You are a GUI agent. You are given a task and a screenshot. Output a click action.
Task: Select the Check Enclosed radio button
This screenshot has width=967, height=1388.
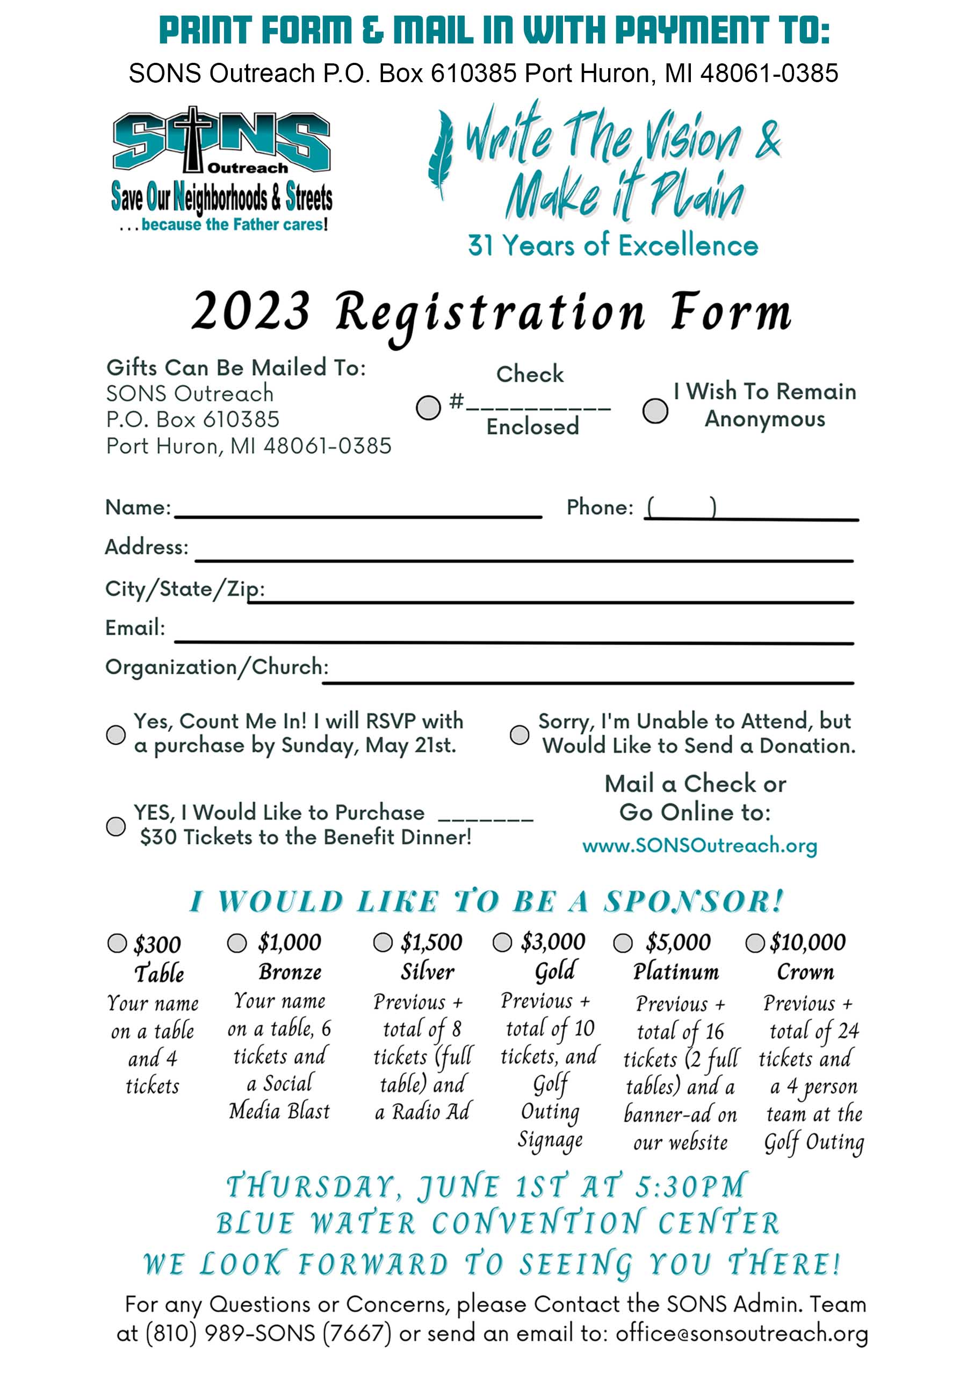tap(428, 407)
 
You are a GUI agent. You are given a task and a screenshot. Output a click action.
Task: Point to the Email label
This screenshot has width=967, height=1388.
tap(135, 628)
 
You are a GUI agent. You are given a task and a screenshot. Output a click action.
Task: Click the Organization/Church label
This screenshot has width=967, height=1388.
tap(217, 666)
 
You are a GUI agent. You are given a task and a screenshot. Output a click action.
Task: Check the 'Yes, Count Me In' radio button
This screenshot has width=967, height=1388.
tap(116, 735)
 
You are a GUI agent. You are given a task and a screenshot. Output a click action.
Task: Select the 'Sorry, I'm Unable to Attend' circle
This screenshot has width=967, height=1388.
tap(519, 735)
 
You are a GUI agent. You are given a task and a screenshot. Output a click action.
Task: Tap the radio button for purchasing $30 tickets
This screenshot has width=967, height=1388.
tap(116, 826)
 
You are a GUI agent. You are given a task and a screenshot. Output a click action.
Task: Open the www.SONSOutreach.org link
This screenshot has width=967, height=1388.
tap(699, 845)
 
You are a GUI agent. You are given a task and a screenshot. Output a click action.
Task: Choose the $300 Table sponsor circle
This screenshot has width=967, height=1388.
tap(117, 943)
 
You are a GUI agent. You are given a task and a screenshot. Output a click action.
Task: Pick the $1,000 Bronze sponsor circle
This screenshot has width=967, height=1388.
tap(236, 943)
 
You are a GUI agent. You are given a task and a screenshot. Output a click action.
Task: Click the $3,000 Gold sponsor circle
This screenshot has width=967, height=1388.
tap(502, 942)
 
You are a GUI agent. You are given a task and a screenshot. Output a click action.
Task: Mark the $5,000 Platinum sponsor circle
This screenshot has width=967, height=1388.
tap(622, 943)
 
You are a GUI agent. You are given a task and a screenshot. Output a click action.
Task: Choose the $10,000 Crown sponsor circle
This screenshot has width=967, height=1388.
tap(754, 943)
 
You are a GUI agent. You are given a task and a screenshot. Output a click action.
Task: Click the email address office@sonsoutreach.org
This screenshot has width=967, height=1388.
tap(741, 1333)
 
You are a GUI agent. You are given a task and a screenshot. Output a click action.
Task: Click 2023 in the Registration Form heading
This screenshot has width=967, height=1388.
tap(250, 311)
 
